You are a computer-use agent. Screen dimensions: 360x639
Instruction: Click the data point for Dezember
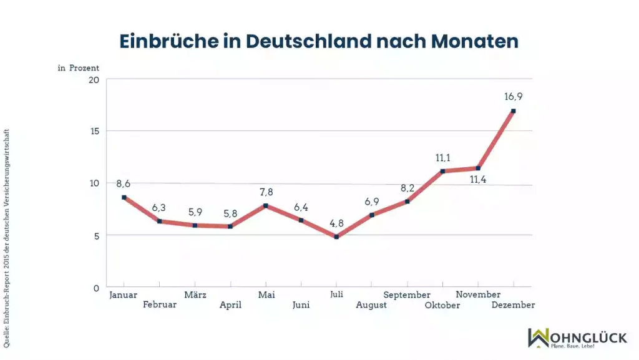click(x=513, y=111)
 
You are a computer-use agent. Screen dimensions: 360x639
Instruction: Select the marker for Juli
click(x=336, y=237)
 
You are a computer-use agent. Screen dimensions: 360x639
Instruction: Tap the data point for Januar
click(x=124, y=197)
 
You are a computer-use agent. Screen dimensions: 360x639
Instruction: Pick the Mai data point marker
click(x=266, y=205)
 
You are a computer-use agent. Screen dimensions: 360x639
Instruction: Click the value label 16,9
click(x=513, y=97)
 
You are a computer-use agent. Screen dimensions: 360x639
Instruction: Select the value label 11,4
click(x=477, y=180)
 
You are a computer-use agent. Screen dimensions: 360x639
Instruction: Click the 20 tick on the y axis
click(x=94, y=80)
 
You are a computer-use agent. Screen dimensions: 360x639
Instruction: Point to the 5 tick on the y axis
click(x=96, y=236)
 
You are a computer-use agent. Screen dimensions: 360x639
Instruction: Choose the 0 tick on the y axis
click(x=96, y=288)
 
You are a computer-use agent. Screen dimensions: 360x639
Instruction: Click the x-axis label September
click(x=407, y=294)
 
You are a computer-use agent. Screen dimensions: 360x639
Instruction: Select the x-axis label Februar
click(x=160, y=305)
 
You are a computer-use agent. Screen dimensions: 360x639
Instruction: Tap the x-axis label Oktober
click(x=442, y=305)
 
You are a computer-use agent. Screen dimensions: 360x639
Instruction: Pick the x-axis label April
click(x=230, y=305)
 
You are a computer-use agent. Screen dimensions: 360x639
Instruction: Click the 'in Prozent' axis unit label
click(x=79, y=68)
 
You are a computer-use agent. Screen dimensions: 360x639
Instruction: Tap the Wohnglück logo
click(x=577, y=338)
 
